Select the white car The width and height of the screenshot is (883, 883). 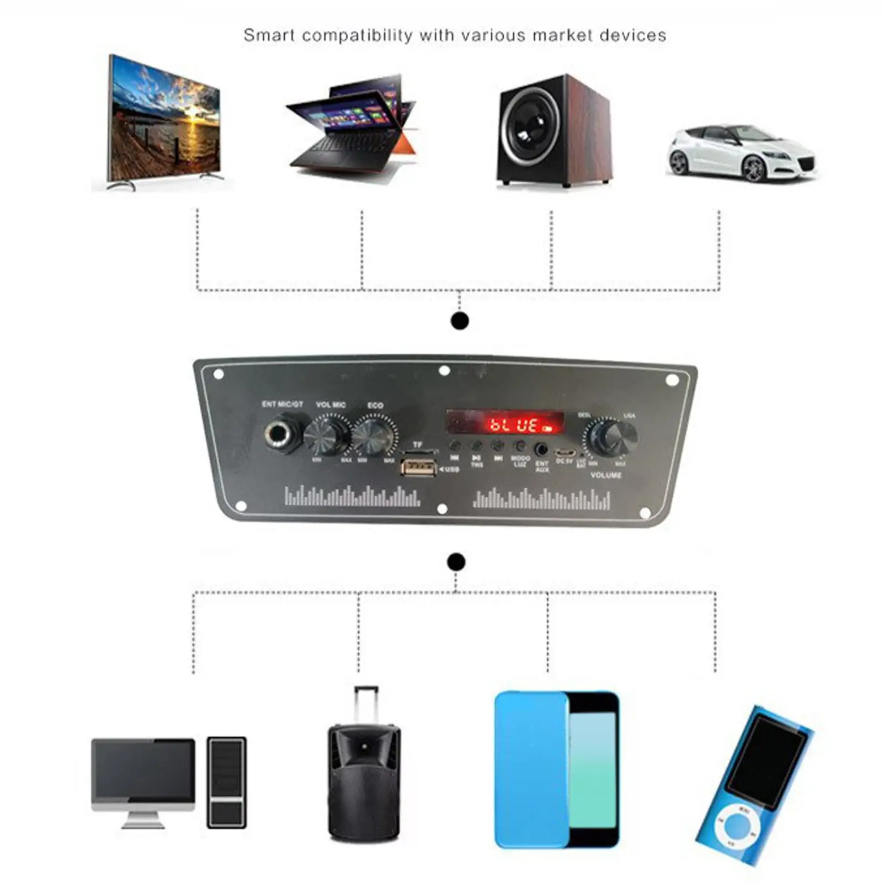741,153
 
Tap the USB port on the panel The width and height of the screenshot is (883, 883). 418,468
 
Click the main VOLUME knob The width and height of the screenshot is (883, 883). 611,436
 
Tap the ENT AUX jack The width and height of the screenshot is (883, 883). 541,449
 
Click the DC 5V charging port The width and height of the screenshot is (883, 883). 564,453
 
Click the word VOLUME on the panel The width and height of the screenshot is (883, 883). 606,475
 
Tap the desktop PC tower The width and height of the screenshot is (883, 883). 226,782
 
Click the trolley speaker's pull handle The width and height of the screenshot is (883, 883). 366,704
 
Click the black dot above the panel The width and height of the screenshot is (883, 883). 460,321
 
